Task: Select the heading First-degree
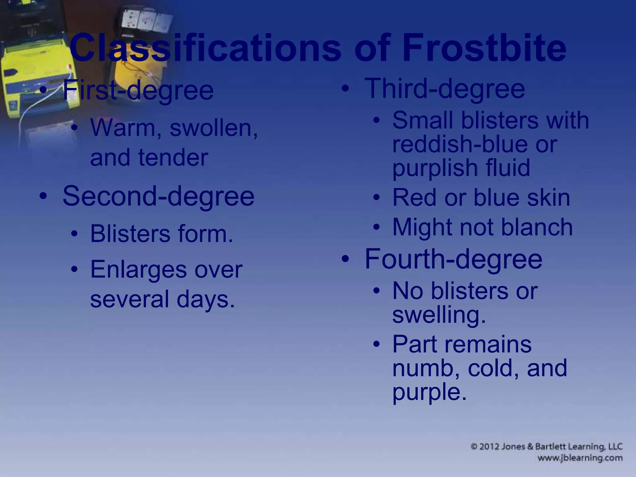pos(138,90)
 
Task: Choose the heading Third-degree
pos(445,89)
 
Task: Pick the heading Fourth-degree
pos(453,259)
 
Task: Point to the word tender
pos(173,157)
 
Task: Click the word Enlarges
pos(139,270)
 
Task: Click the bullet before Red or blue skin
pos(376,198)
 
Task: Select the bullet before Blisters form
pos(74,234)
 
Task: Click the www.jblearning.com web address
pos(580,458)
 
